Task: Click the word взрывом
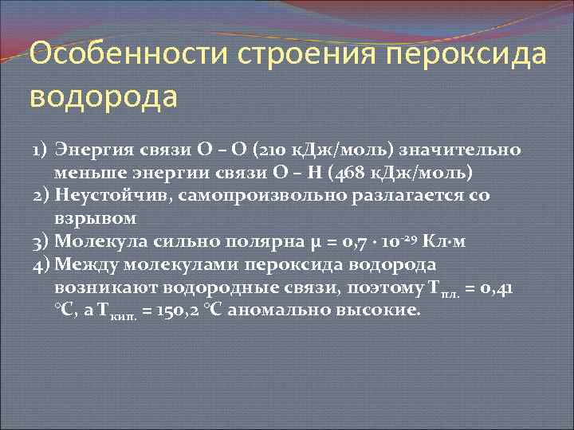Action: pos(96,217)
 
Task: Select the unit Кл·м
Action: pos(460,240)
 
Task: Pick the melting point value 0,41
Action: pos(497,287)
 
